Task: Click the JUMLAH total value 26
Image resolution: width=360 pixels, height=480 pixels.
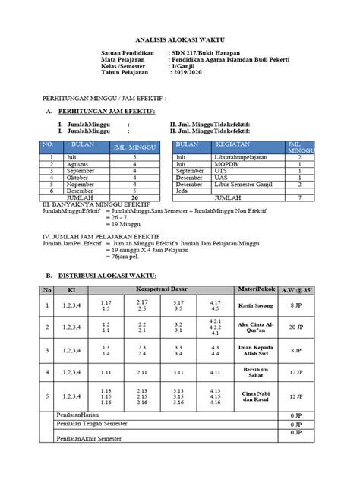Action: point(134,197)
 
